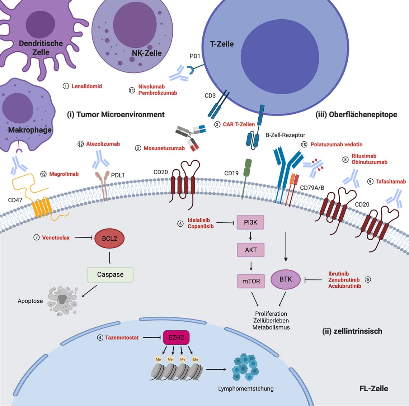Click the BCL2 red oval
coord(109,239)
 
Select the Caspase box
coord(110,274)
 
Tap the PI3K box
coord(250,222)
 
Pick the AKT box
coord(250,250)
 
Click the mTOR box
coord(251,281)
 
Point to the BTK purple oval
coord(286,279)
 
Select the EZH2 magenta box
coord(176,337)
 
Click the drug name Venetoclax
coord(56,238)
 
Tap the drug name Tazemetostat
coord(122,337)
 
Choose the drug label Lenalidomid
coord(87,86)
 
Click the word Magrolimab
coord(64,174)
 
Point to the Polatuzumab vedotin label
coord(336,145)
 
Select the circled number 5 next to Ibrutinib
coord(367,279)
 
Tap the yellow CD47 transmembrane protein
coord(42,208)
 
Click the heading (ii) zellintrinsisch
coord(352,331)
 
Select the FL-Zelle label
coord(373,388)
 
